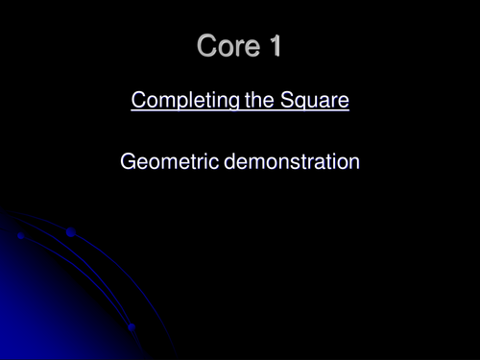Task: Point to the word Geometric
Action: tap(170, 162)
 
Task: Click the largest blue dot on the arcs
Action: tap(71, 232)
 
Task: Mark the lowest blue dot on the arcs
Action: tap(132, 327)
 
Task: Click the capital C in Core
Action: tap(206, 46)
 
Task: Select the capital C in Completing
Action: tap(137, 100)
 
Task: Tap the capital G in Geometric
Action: tap(129, 162)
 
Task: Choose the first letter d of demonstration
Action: tap(230, 162)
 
